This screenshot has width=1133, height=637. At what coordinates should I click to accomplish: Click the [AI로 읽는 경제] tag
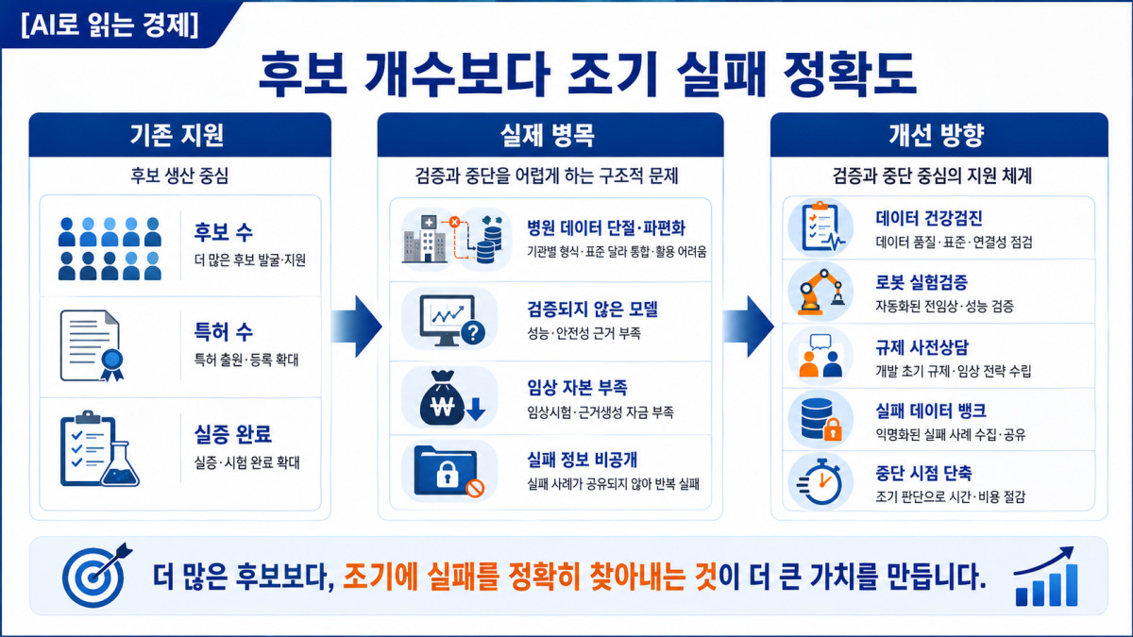point(110,25)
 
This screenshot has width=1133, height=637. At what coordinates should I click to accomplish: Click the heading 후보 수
point(223,232)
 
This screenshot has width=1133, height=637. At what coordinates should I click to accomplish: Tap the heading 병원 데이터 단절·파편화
point(606,228)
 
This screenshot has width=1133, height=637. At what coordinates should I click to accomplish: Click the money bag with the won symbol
point(442,398)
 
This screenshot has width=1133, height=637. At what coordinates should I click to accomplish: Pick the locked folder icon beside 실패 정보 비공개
point(448,471)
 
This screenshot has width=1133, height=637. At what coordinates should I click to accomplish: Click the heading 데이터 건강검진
point(929,218)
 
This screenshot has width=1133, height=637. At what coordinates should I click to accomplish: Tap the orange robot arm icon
point(820,293)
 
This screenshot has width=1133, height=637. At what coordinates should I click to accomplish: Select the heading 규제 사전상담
point(922,347)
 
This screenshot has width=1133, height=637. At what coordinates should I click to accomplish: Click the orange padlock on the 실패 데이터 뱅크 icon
point(833,429)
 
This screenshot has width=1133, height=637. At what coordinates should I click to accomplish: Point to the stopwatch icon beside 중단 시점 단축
point(820,482)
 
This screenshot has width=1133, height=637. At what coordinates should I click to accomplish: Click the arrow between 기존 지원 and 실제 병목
point(356,327)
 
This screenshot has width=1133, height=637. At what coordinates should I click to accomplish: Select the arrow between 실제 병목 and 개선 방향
point(748,327)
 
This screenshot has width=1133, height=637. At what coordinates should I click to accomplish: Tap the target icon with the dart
point(96,576)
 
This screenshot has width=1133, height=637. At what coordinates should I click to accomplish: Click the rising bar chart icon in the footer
point(1046,577)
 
